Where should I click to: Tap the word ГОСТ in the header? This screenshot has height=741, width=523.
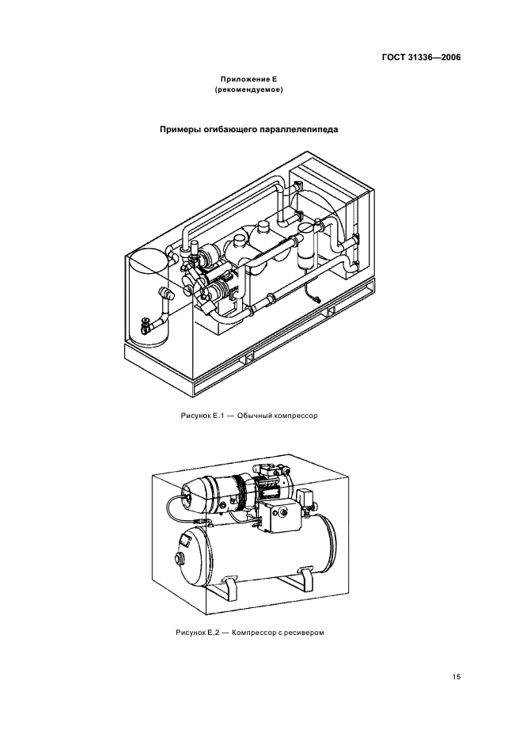393,58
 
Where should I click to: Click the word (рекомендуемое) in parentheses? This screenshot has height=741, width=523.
249,89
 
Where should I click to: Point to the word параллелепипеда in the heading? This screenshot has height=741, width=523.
299,130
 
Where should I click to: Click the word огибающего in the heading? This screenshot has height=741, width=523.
230,130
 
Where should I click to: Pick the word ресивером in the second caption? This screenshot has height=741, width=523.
307,633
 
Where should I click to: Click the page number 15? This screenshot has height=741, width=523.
457,677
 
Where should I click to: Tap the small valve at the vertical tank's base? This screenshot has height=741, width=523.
146,325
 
